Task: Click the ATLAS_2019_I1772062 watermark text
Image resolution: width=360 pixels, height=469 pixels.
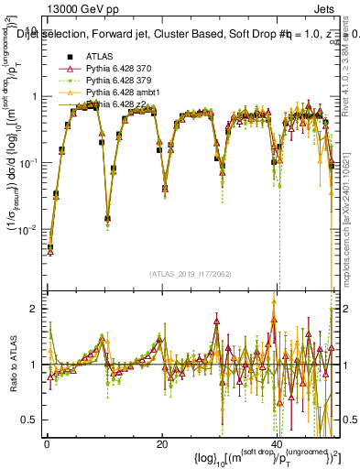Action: pyautogui.click(x=191, y=274)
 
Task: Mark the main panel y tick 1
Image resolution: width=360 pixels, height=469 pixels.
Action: pyautogui.click(x=36, y=97)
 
